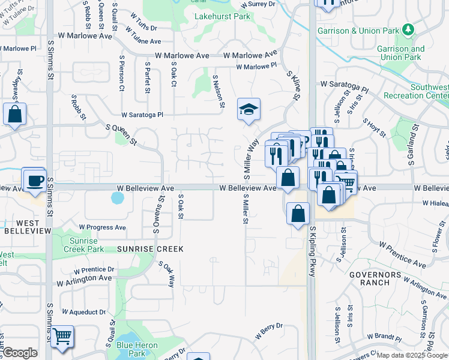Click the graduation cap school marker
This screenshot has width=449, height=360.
[x=249, y=110]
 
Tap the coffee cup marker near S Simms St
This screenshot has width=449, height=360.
[x=34, y=179]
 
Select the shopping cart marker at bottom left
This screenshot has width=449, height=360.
[x=62, y=337]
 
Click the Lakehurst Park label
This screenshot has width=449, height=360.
[x=222, y=16]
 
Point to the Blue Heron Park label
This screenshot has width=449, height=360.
[x=137, y=349]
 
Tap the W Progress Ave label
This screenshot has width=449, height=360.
[x=103, y=227]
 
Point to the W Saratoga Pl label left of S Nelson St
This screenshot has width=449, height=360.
[x=142, y=114]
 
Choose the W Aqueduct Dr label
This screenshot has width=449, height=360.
[x=83, y=312]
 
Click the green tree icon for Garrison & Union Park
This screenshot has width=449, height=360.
[x=408, y=29]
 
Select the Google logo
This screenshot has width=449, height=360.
[x=20, y=353]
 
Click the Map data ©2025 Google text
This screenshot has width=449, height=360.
[x=412, y=355]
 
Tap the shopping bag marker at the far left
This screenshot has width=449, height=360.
[x=14, y=113]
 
